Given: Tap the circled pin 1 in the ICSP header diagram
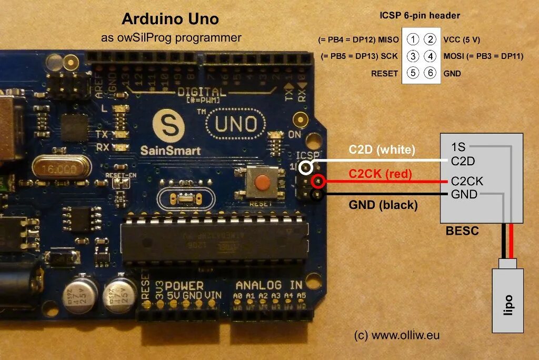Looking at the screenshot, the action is click(x=414, y=39).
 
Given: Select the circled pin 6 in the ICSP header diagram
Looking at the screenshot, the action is click(x=431, y=73).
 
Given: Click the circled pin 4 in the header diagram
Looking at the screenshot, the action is click(x=431, y=56).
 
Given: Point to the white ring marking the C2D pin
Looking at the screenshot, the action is click(x=306, y=168).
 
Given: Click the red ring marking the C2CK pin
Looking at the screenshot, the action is click(x=317, y=182).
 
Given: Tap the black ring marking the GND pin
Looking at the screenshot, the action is click(x=317, y=195).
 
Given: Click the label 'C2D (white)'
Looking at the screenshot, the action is click(x=382, y=150).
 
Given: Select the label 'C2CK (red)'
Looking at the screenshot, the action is click(x=380, y=174).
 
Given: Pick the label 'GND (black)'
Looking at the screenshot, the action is click(x=383, y=205).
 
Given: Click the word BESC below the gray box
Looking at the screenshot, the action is click(x=462, y=231).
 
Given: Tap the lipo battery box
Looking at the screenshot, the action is click(x=507, y=300).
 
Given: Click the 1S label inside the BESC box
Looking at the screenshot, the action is click(x=458, y=147).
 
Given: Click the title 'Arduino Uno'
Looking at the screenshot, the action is click(x=171, y=19).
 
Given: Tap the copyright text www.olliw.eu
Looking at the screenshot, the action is click(x=397, y=335).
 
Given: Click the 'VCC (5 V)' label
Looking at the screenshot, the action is click(x=462, y=39).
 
